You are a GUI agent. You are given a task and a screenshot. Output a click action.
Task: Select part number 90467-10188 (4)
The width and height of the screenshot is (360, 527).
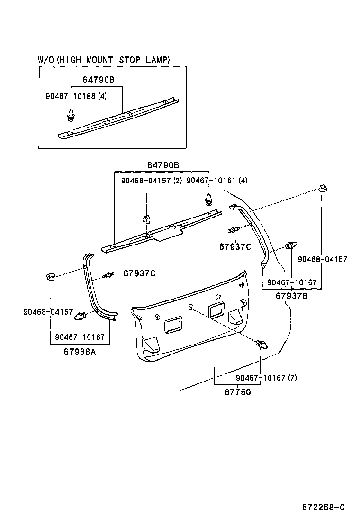coord(76,96)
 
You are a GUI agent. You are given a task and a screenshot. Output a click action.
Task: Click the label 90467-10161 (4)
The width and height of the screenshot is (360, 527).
coord(217,181)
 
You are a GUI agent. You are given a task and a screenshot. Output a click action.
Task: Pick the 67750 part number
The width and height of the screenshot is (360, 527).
coord(237,392)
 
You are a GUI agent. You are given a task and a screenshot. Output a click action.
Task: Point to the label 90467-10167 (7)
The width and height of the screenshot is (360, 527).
coord(266,378)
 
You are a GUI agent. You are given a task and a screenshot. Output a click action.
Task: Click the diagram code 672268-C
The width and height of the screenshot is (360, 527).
coord(324,507)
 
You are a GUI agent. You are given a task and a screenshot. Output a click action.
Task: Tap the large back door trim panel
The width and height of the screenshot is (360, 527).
coord(189,327)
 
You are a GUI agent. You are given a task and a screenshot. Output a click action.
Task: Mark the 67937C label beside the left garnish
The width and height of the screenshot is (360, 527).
coord(140,273)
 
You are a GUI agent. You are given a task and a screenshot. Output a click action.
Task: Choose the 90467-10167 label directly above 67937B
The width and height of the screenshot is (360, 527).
coord(292,282)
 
